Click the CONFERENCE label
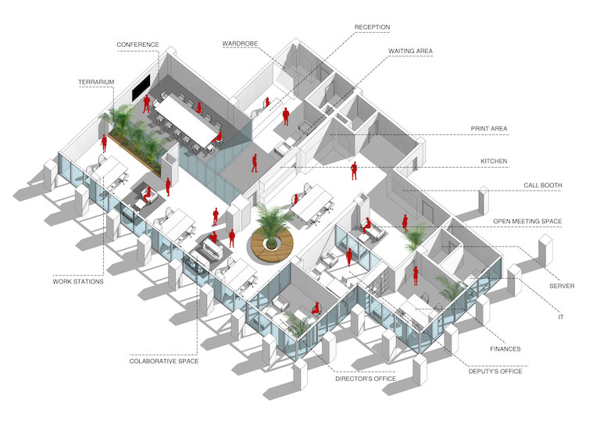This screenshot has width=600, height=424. click(137, 45)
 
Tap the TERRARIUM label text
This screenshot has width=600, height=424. click(96, 82)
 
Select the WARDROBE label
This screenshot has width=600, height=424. click(240, 44)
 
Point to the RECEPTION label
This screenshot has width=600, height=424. click(373, 27)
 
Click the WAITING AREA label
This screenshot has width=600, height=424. click(411, 52)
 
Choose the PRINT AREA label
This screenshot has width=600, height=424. click(489, 129)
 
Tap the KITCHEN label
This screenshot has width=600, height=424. click(494, 162)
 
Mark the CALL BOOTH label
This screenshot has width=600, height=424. click(543, 185)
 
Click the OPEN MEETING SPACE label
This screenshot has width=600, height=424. click(527, 221)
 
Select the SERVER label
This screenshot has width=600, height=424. click(562, 286)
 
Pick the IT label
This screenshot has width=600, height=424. click(561, 317)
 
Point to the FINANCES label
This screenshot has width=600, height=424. click(505, 349)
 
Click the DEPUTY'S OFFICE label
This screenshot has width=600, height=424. click(495, 371)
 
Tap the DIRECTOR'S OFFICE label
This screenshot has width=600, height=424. click(366, 379)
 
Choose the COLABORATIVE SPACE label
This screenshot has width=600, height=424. click(164, 362)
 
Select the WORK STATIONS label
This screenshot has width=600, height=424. click(78, 282)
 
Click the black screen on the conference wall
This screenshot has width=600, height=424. click(141, 88)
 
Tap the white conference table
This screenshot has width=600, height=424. click(185, 119)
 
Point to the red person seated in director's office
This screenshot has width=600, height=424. click(316, 308)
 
